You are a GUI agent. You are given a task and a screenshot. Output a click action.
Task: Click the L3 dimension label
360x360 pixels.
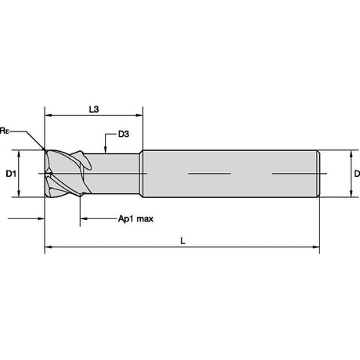(94, 110)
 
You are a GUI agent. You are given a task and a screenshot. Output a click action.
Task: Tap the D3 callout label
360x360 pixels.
(124, 134)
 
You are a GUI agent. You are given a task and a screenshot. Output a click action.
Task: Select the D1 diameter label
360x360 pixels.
(11, 174)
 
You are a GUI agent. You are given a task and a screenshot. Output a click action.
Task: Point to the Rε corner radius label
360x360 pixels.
(5, 131)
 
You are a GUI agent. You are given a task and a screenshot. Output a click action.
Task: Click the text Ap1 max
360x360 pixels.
(135, 218)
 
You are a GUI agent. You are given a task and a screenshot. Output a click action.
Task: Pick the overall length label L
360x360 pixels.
(182, 241)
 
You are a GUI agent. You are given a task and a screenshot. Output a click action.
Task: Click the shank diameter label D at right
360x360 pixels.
(357, 174)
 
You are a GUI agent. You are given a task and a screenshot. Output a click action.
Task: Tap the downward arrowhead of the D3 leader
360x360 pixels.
(105, 149)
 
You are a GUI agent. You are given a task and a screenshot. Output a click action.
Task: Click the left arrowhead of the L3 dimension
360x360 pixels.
(49, 115)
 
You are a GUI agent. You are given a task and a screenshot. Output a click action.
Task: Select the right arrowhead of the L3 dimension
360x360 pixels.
(139, 115)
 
